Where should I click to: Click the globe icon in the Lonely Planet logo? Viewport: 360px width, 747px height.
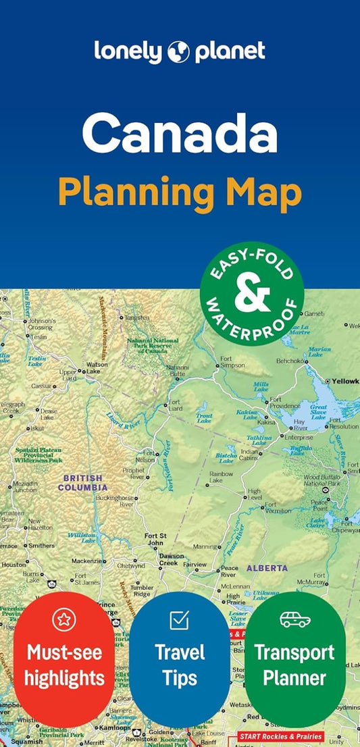point(180,51)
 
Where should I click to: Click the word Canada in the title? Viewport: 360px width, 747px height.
point(180,133)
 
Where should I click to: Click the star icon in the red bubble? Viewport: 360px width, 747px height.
point(63,619)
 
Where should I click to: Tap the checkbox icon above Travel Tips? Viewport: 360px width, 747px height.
point(180,619)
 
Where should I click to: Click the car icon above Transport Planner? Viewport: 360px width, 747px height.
point(295,619)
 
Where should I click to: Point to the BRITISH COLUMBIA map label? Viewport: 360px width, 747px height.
point(82,482)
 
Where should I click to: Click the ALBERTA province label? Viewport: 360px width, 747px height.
point(266,568)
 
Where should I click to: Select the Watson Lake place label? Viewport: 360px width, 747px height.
point(97,368)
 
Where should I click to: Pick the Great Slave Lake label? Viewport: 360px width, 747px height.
point(318,412)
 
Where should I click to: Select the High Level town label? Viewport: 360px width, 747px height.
point(255,494)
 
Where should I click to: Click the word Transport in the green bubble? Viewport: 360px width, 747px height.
point(294,652)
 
